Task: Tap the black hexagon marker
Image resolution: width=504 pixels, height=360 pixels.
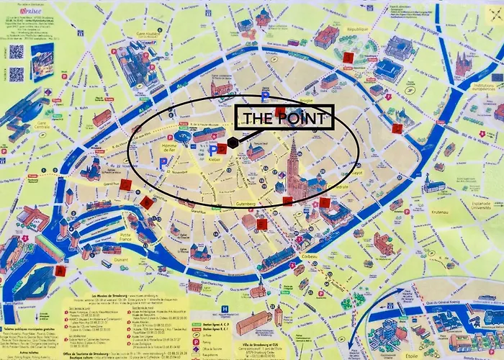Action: (233, 143)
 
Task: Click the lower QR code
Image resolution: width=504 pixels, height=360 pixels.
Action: (17, 74)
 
